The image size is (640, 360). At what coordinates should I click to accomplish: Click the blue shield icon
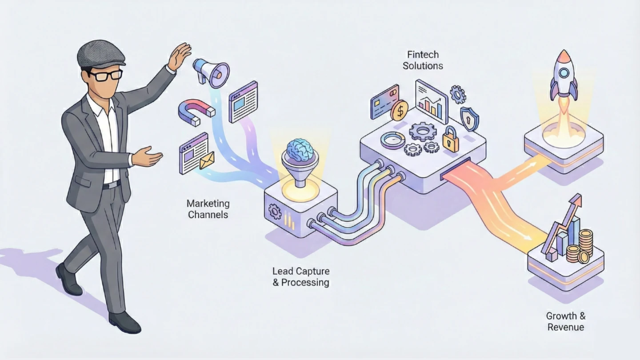click(469, 118)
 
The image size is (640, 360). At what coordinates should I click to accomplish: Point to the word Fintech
click(423, 55)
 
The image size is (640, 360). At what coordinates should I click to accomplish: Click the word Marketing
click(208, 204)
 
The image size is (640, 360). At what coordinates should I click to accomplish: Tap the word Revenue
click(565, 328)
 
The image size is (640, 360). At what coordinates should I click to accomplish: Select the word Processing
click(306, 282)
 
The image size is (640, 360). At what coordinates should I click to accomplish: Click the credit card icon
click(384, 102)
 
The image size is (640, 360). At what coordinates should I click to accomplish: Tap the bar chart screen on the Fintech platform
click(431, 101)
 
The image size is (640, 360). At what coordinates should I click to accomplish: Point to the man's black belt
click(111, 184)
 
